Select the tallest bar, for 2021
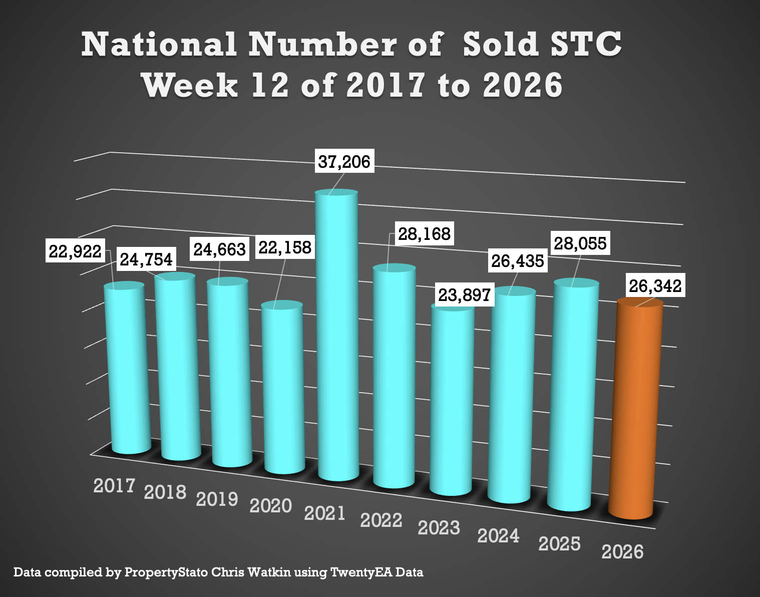coord(337,336)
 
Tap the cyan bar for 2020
coord(283,388)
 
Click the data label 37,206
coord(344,161)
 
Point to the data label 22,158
coord(285,247)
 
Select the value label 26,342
coord(655,286)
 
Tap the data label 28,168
coord(424,233)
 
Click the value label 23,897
coord(464,295)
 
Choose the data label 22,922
coord(75,251)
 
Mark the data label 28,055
coord(580,243)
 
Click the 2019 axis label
coord(217,499)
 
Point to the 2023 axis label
coord(439,528)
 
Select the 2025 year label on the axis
coord(559,544)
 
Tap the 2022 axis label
coord(381,520)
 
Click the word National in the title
coord(159,45)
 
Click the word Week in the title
coord(190,85)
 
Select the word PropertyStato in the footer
coord(166,572)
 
